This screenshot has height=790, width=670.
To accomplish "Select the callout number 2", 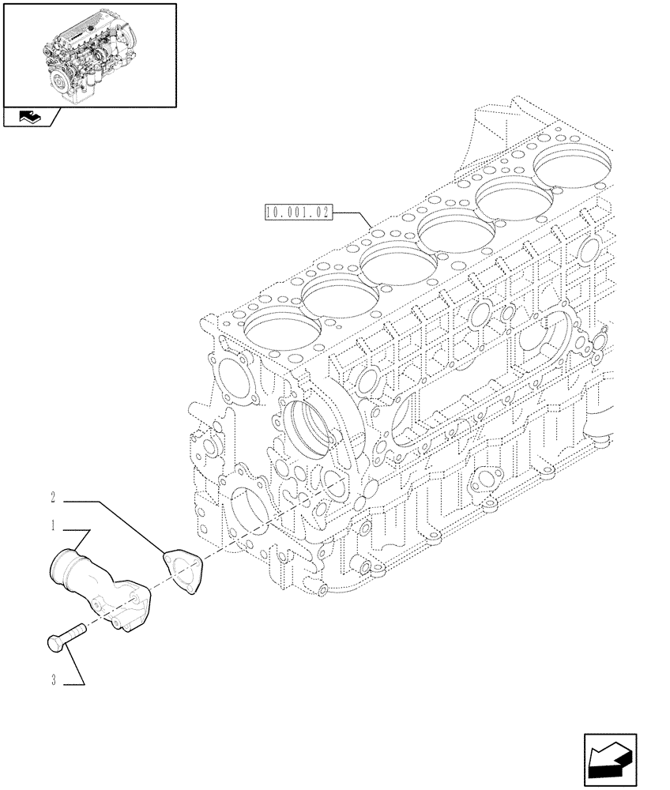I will (53, 498).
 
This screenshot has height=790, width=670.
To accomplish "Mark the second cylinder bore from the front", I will (342, 287).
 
